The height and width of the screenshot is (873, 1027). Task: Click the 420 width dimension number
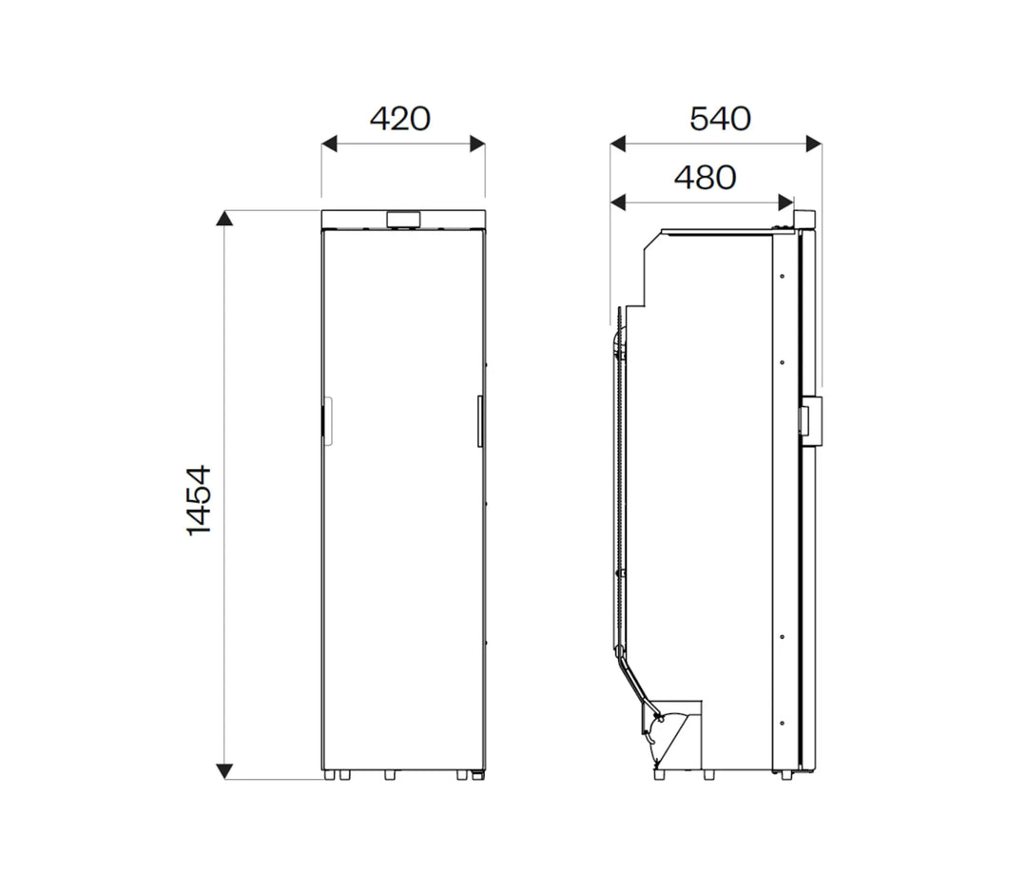pos(399,119)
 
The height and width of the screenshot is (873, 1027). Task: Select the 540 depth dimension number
pos(720,119)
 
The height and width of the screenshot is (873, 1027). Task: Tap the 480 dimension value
pos(705,178)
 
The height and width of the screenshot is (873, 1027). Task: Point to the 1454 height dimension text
pos(197,500)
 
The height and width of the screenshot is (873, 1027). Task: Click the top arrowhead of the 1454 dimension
pos(224,219)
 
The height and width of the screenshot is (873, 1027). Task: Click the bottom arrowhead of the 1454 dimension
pos(224,770)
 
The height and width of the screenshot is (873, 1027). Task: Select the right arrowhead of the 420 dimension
pos(477,144)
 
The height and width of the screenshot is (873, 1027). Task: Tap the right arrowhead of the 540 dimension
pos(814,144)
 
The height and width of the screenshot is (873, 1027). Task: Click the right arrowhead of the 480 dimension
pos(785,202)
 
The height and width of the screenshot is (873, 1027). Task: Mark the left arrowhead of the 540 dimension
pos(617,144)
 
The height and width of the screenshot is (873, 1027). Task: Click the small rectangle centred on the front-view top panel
pos(403,220)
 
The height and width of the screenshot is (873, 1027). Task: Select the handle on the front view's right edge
pos(481,419)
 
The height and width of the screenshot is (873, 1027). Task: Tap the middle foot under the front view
pos(389,775)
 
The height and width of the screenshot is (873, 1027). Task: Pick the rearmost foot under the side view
pos(659,775)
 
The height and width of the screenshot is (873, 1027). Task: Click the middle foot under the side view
pos(708,775)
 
